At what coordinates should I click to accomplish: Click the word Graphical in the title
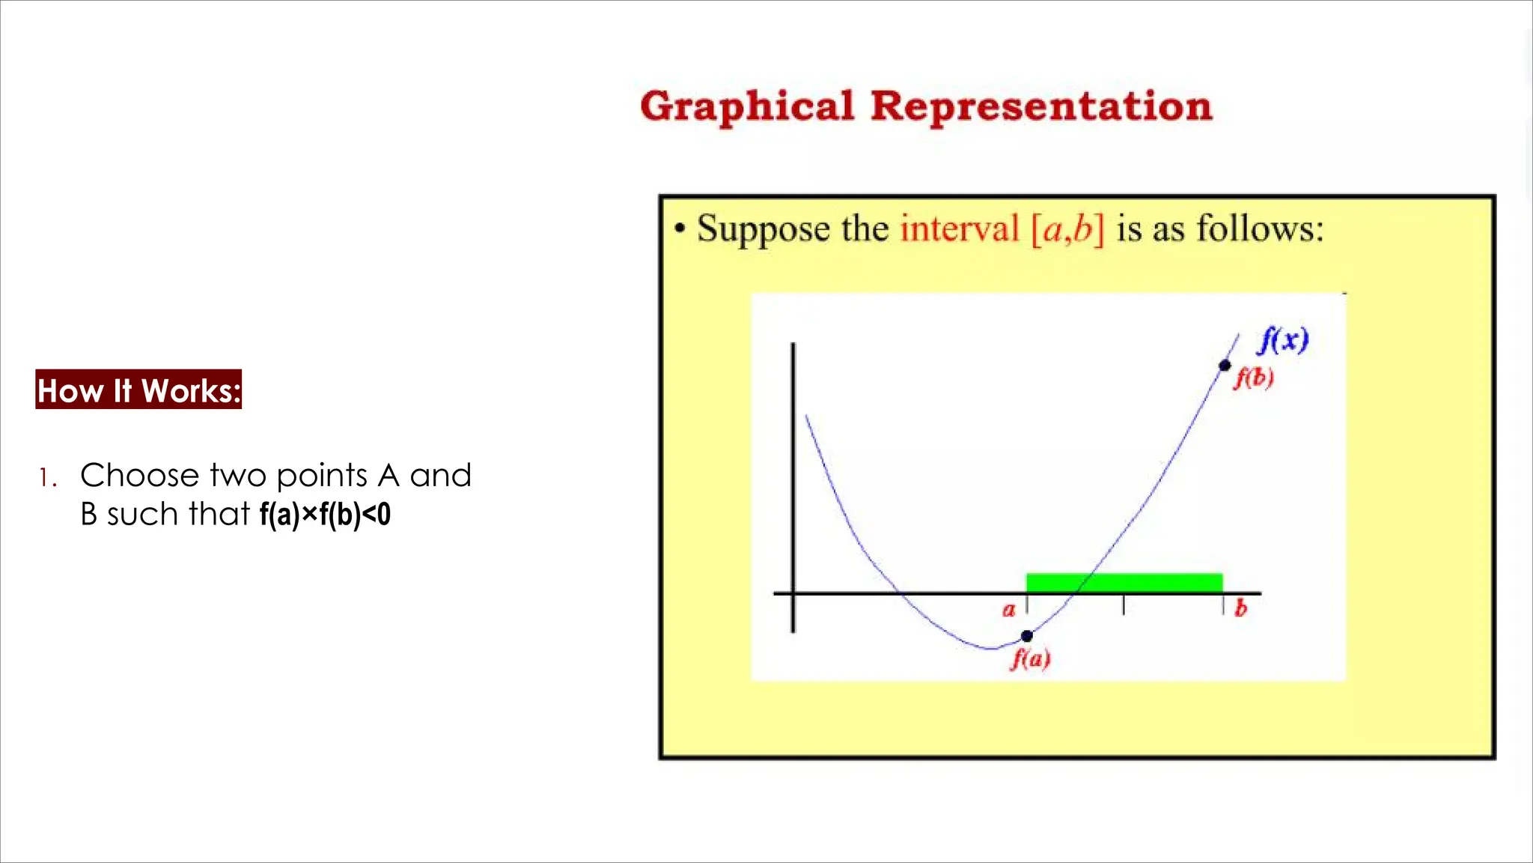click(747, 107)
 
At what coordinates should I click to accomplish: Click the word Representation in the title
click(1041, 107)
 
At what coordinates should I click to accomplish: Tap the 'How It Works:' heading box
click(138, 390)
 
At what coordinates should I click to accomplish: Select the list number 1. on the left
click(48, 477)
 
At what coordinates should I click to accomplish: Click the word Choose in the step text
click(140, 475)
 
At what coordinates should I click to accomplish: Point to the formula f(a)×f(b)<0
click(325, 515)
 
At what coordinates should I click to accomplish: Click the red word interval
click(960, 228)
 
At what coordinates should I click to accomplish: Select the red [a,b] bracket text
click(1067, 229)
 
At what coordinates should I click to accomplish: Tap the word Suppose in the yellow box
click(764, 229)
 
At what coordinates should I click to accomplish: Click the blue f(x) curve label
click(1284, 341)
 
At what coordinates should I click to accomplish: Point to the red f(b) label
click(1254, 378)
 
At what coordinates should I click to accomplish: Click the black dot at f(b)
click(1225, 366)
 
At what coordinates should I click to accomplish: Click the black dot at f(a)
click(1027, 636)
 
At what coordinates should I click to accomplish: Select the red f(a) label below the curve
click(1031, 659)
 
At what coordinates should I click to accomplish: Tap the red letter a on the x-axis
click(1008, 611)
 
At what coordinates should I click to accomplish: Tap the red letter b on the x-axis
click(1240, 608)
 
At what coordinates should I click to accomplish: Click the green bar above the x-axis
click(1124, 583)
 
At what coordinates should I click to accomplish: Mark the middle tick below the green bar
click(1124, 605)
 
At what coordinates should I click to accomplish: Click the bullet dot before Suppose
click(680, 228)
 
